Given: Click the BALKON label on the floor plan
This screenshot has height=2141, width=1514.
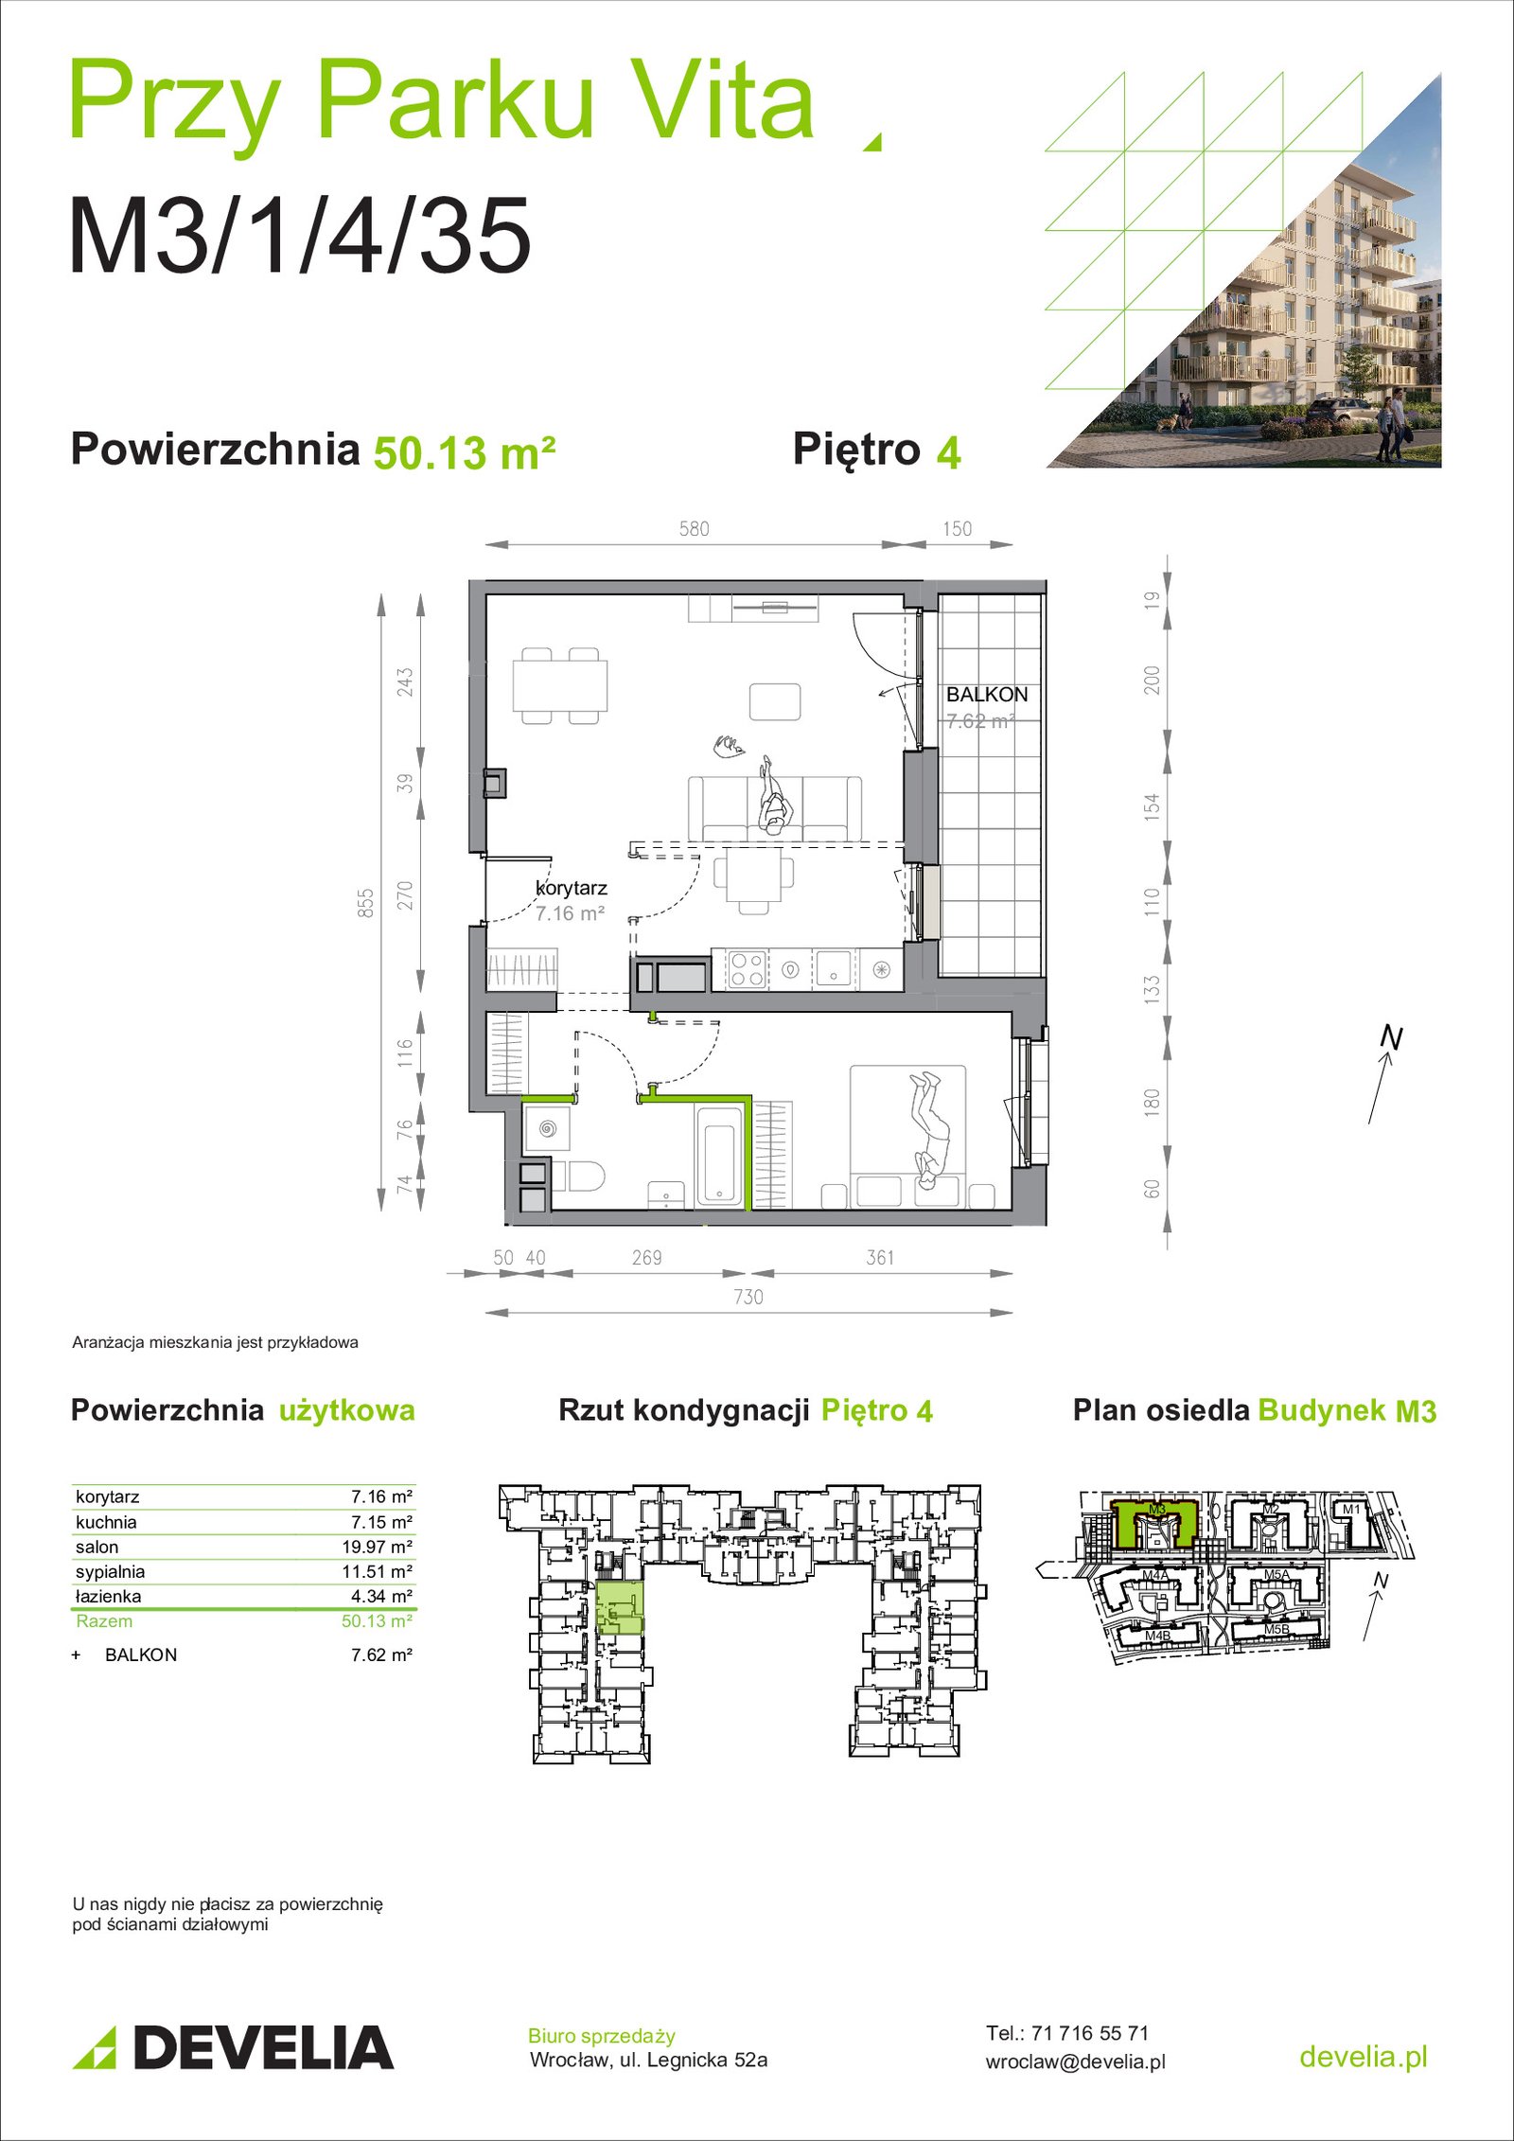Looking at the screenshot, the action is [x=987, y=694].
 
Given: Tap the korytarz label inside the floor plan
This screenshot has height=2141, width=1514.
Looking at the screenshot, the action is [x=572, y=889].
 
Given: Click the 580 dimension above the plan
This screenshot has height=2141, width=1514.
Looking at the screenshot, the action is [x=694, y=529].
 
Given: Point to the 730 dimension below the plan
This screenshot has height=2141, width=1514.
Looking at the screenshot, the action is [x=748, y=1297].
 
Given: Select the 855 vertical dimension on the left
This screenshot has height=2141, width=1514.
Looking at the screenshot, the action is [x=366, y=902].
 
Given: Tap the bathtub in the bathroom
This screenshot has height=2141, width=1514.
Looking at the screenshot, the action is [x=720, y=1157].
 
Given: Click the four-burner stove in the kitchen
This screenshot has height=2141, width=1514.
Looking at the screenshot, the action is [x=746, y=969].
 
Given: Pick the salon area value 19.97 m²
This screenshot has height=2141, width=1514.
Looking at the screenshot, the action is [x=377, y=1547].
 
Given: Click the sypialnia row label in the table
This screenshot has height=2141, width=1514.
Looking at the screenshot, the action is [x=111, y=1571].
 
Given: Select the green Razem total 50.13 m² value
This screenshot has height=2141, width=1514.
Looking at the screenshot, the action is [x=377, y=1620].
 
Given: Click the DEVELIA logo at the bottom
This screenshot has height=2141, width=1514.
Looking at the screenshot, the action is [x=233, y=2047].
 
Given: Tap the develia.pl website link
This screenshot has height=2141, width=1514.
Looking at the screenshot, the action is [x=1363, y=2056].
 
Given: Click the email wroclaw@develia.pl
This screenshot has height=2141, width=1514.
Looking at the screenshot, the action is [x=1076, y=2061].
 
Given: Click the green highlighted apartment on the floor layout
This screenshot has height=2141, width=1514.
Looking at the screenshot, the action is [x=620, y=1606].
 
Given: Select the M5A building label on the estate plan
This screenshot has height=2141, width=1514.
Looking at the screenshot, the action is [x=1276, y=1575].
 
